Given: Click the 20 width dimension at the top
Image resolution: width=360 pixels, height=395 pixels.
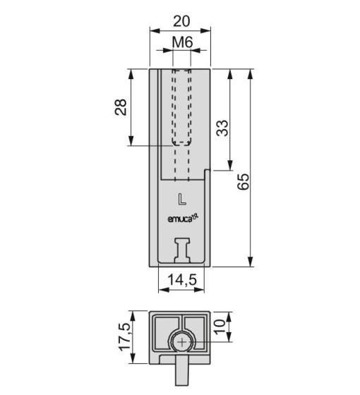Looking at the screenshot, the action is coord(181,21).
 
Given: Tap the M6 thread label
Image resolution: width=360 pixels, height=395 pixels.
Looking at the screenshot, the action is coord(182,42).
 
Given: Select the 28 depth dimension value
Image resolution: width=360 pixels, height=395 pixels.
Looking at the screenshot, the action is coord(121,107).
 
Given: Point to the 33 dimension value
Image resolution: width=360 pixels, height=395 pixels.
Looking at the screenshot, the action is coord(222,128).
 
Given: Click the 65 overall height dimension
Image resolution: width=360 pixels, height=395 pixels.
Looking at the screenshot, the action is coord(244,181).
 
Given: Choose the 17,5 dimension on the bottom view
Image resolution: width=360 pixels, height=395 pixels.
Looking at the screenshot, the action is coord(125,337).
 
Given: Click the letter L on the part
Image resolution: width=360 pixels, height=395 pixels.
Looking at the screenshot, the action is coord(182,199).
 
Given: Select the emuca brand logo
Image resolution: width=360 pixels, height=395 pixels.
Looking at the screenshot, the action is coord(184,219).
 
